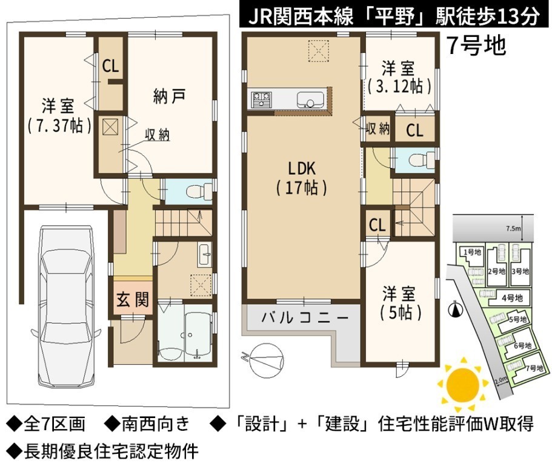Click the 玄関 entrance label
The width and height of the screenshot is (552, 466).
click(x=133, y=299)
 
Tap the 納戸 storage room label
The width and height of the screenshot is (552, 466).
click(x=169, y=96)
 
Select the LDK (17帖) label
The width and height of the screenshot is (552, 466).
click(x=302, y=178)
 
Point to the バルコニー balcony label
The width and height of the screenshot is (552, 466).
click(x=305, y=318)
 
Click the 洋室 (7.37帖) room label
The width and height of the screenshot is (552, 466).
click(x=59, y=115)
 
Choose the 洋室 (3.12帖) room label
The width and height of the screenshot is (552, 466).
click(x=399, y=77)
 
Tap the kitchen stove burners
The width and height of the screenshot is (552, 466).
click(x=262, y=99)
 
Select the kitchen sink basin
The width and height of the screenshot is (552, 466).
click(x=310, y=100)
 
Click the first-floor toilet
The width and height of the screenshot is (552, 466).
click(x=198, y=192)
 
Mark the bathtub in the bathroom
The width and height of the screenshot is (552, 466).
click(x=198, y=331)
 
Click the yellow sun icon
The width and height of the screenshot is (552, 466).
click(x=462, y=384)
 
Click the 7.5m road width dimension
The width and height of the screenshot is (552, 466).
click(x=513, y=228)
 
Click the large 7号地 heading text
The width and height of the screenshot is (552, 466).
click(x=476, y=46)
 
